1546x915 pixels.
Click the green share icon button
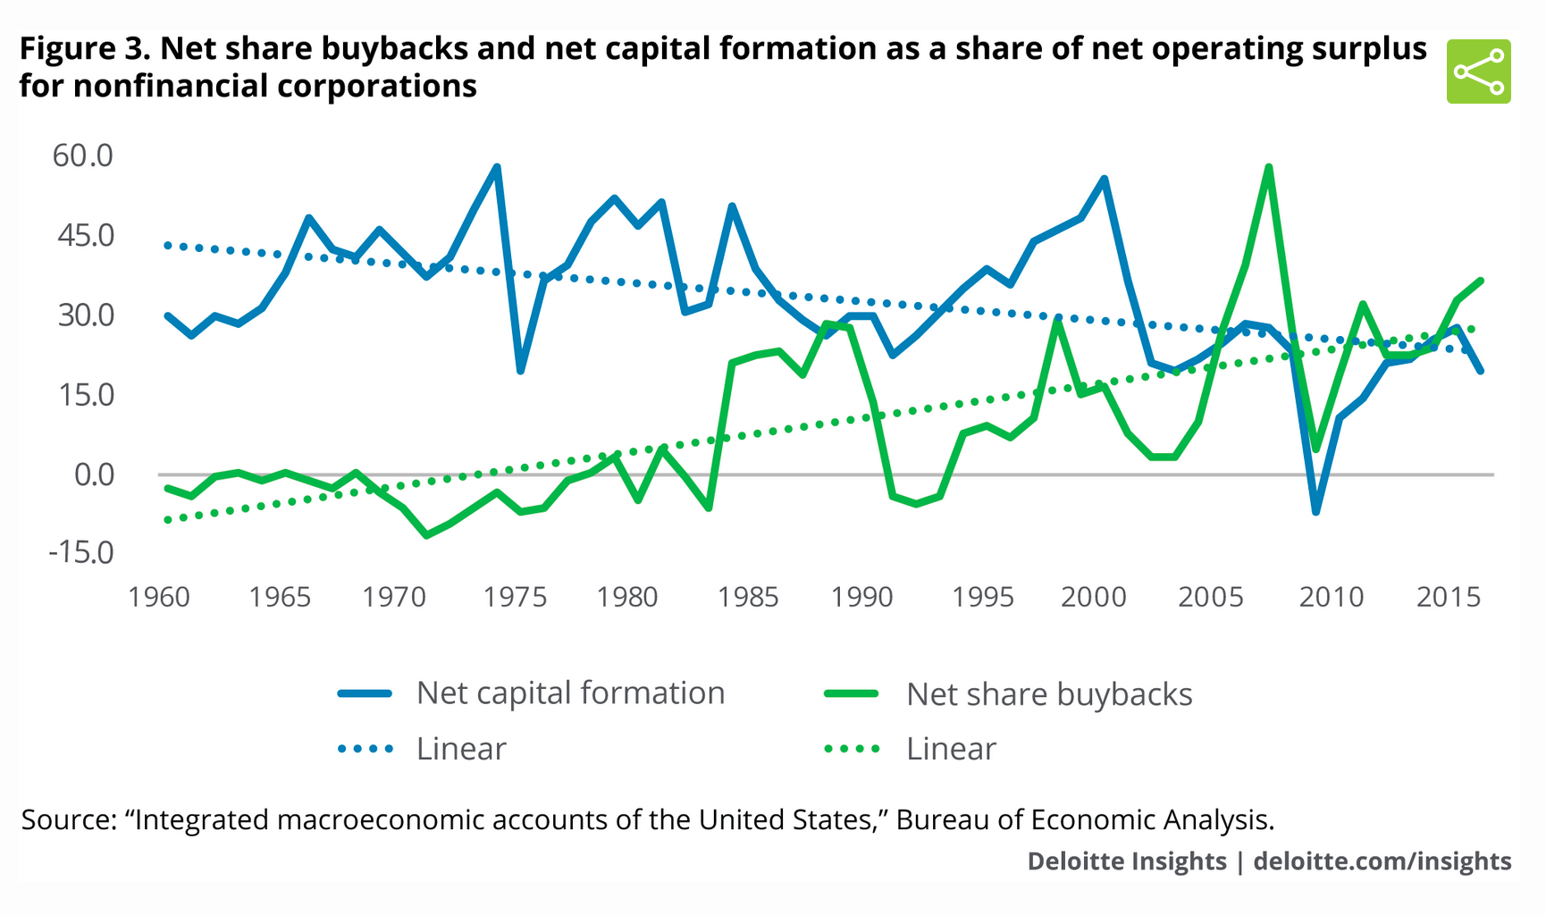coord(1478,71)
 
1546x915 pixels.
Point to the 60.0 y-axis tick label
coord(83,155)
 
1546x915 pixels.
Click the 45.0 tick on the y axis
coord(83,235)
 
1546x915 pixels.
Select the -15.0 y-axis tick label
coord(81,552)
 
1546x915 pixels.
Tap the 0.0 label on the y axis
coord(94,474)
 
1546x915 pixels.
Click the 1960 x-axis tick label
coord(159,597)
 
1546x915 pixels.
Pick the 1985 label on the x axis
coord(748,597)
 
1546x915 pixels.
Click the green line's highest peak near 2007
coord(1268,167)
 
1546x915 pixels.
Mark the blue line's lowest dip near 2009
coord(1315,512)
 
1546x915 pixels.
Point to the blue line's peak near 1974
coord(497,167)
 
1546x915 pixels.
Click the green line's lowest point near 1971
coord(425,535)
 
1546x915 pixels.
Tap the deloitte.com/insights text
coord(1382,860)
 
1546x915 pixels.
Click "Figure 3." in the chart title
coord(85,48)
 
